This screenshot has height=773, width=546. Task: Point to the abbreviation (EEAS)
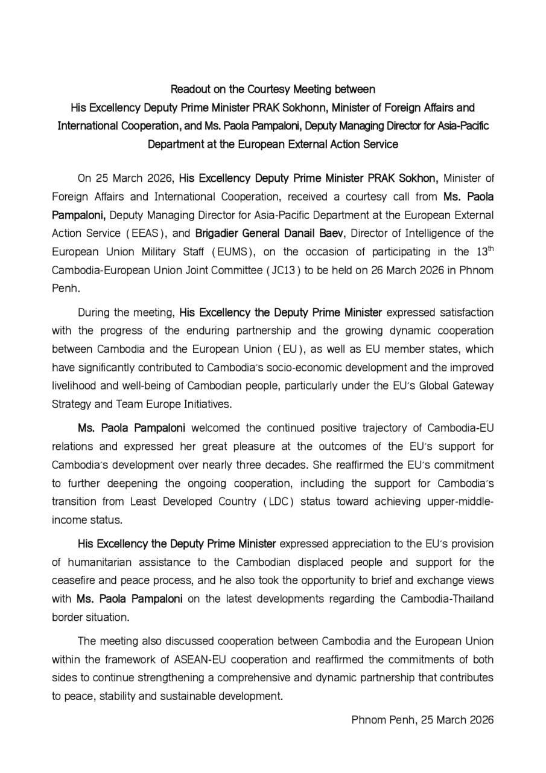(147, 233)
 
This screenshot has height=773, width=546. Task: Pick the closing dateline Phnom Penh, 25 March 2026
(422, 720)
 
